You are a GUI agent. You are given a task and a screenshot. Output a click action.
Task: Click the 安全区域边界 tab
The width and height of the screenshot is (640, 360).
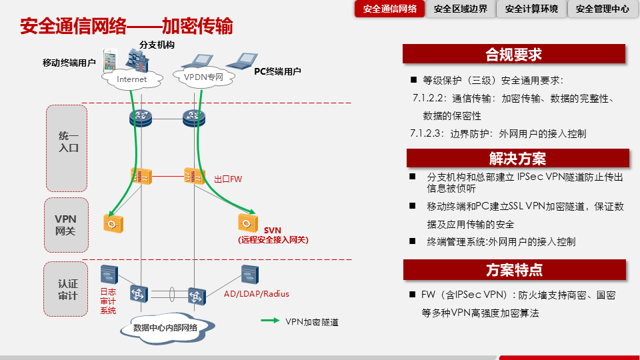pyautogui.click(x=461, y=9)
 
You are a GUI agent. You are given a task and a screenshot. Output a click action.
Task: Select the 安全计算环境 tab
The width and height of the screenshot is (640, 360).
pyautogui.click(x=531, y=9)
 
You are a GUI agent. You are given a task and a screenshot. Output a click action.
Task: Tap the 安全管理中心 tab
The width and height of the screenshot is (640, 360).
pyautogui.click(x=602, y=9)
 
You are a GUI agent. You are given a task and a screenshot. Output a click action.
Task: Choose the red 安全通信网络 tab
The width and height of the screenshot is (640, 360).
pyautogui.click(x=390, y=9)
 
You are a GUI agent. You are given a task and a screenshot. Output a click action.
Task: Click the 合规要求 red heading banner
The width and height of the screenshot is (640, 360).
pyautogui.click(x=514, y=54)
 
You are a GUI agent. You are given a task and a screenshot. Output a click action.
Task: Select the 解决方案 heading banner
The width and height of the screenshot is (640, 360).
pyautogui.click(x=517, y=159)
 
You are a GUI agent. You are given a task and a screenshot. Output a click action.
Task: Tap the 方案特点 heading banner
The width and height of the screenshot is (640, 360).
pyautogui.click(x=514, y=270)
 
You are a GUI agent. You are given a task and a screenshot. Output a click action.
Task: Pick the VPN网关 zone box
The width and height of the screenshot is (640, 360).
pyautogui.click(x=66, y=225)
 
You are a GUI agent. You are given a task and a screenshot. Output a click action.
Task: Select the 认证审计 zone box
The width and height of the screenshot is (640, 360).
pyautogui.click(x=66, y=289)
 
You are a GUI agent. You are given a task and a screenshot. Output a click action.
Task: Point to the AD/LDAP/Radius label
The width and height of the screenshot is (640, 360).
pyautogui.click(x=257, y=294)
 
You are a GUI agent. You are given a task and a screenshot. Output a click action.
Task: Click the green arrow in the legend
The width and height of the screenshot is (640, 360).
pyautogui.click(x=269, y=321)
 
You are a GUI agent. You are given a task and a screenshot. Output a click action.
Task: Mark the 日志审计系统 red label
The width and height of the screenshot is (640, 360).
pyautogui.click(x=108, y=301)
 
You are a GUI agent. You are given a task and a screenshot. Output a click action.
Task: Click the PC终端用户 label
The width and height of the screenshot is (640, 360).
pyautogui.click(x=278, y=71)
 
